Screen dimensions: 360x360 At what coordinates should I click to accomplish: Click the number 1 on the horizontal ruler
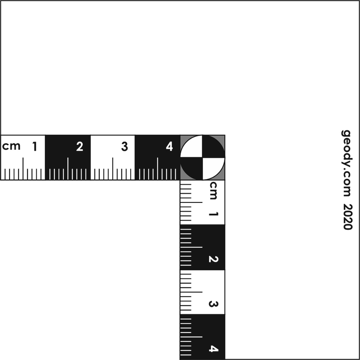point(35,147)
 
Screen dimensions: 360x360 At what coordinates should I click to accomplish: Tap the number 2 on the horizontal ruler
point(80,147)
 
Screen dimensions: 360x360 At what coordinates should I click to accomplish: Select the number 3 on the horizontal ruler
point(124,147)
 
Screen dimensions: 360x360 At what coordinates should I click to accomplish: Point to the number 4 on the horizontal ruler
point(169,147)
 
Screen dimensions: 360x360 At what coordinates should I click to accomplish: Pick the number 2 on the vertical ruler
point(213,259)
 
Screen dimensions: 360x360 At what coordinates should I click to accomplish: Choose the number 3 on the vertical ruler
point(213,304)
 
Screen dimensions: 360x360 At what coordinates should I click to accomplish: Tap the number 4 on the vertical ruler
point(213,349)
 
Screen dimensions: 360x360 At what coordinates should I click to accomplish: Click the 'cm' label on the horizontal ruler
point(11,146)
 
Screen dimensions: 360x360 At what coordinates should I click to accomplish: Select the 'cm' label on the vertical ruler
point(213,190)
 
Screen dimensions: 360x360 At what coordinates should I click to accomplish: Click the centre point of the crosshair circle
point(202,158)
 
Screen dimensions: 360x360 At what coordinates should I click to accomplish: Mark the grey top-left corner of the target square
point(183,138)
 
